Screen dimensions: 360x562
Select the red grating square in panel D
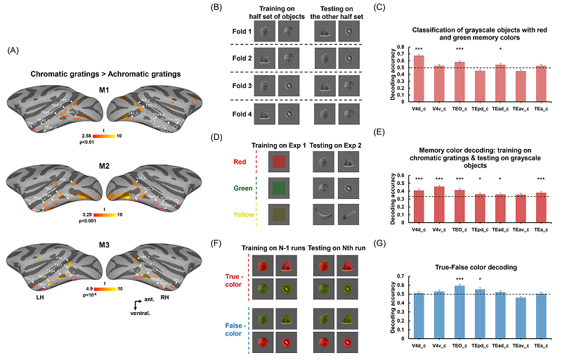click(x=280, y=162)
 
